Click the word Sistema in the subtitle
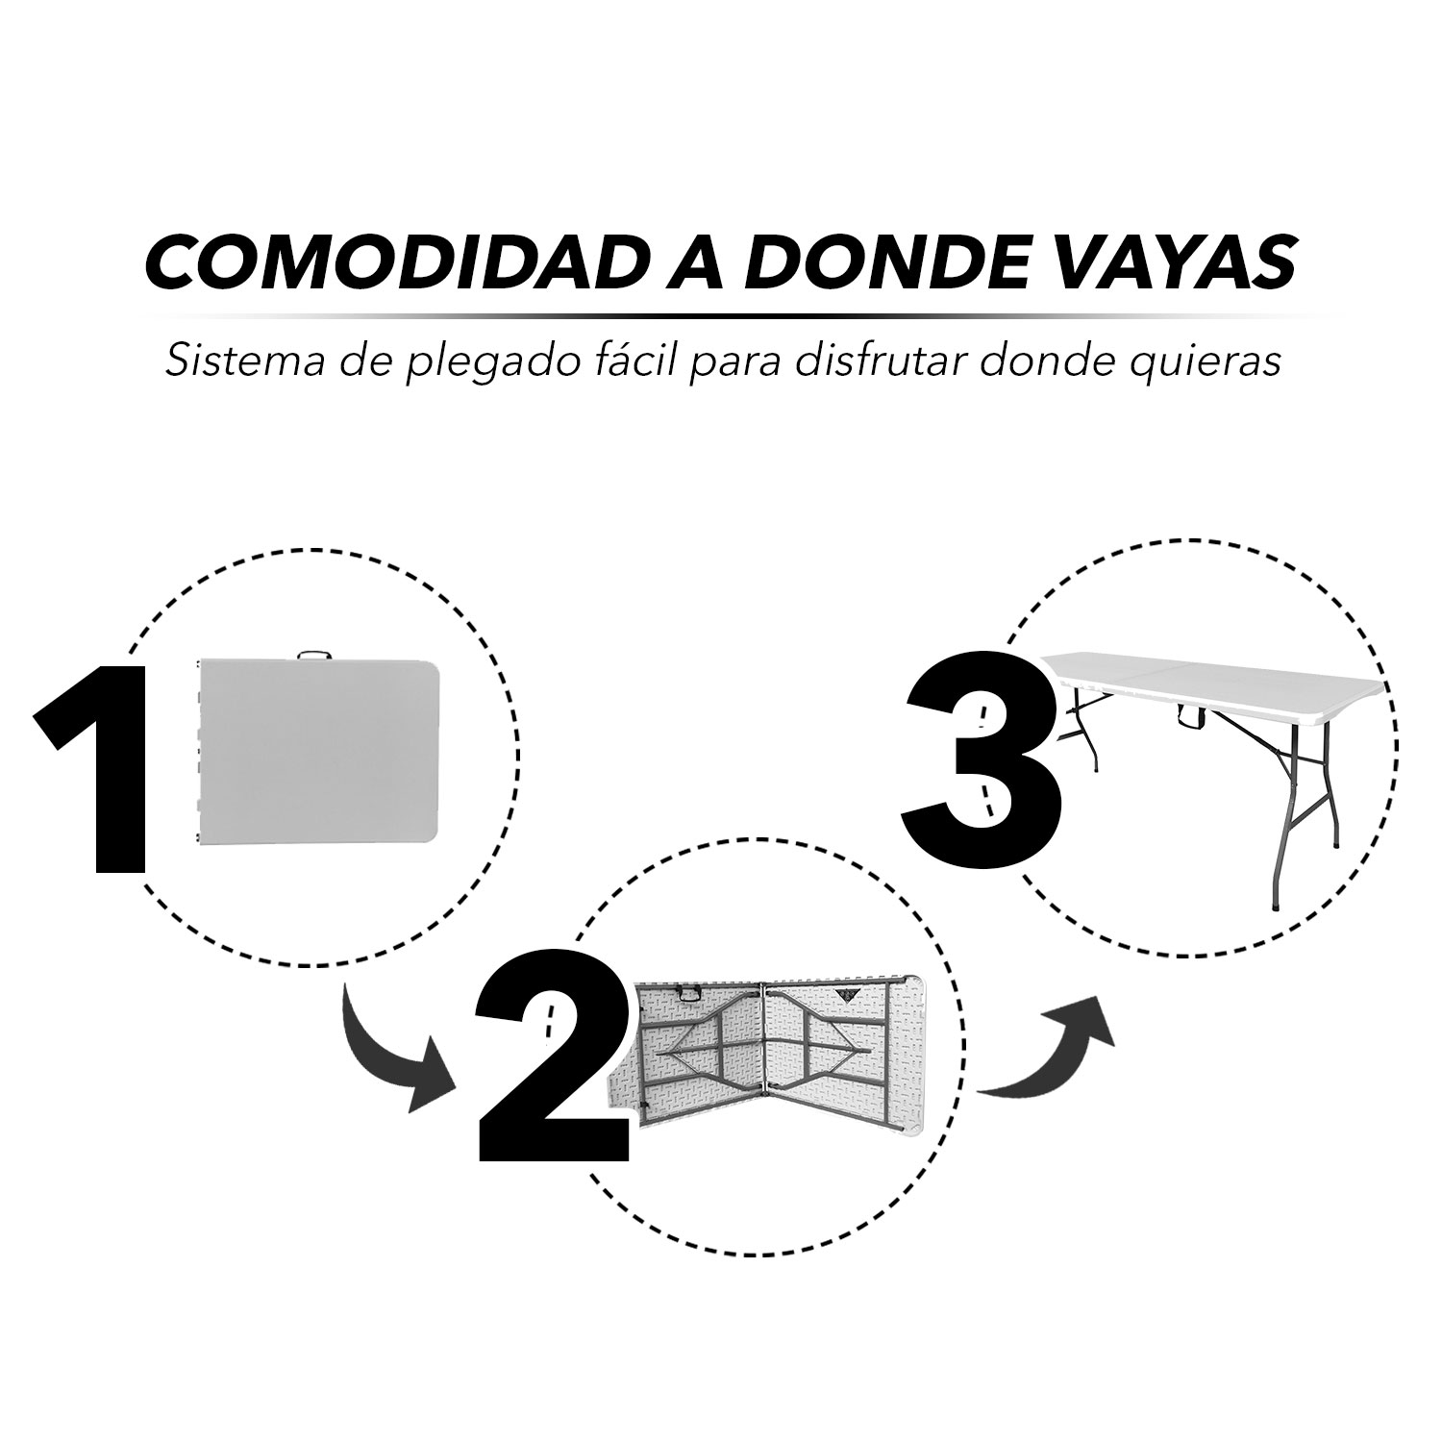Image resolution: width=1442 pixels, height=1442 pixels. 227,362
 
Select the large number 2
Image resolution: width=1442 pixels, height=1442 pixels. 555,1054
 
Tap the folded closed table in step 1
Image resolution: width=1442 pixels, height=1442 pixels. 316,754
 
